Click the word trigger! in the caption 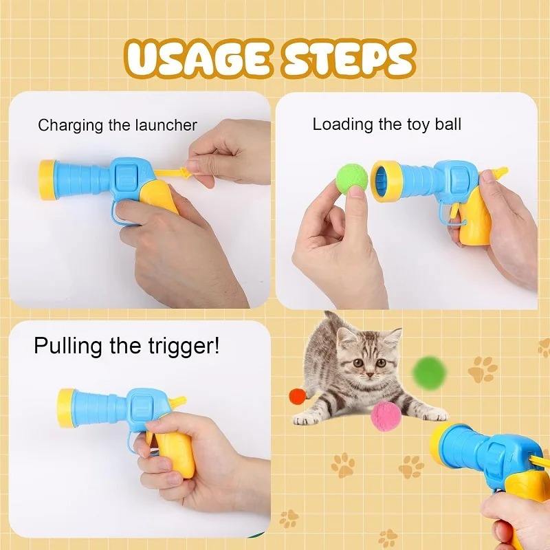click(184, 347)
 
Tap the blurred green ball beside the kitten click(430, 373)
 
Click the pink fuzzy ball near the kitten click(386, 417)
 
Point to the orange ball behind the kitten click(298, 397)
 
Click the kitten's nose click(369, 375)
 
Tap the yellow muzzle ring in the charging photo click(47, 179)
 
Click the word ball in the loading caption click(448, 124)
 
